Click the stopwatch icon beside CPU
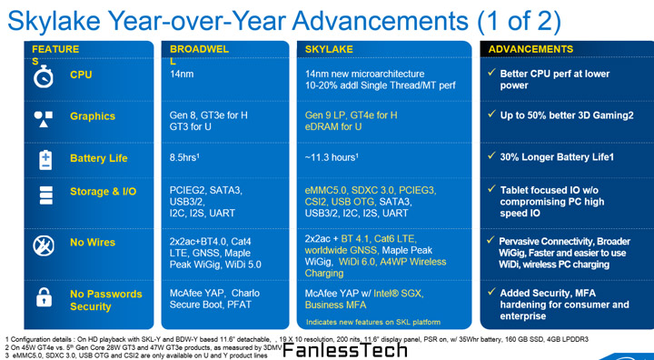click(44, 75)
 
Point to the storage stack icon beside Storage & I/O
click(44, 194)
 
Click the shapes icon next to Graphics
click(44, 116)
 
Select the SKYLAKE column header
click(329, 48)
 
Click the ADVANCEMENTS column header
click(531, 48)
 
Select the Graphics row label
click(93, 116)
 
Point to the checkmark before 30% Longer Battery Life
click(491, 156)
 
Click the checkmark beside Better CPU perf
click(491, 74)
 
